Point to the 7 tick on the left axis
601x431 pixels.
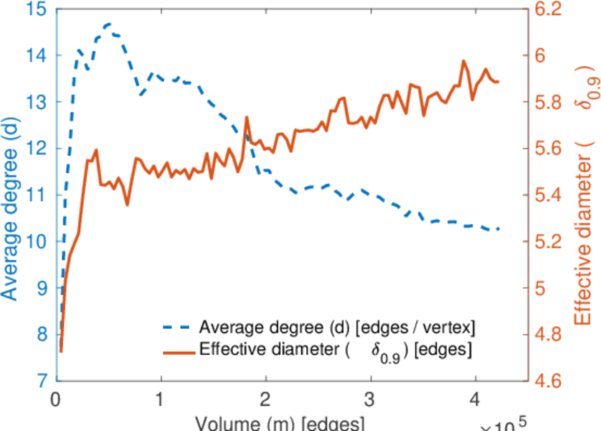tap(43, 380)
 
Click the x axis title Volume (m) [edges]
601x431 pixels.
tap(265, 422)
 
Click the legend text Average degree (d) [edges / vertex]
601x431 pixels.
tap(337, 328)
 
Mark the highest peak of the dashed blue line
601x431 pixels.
tap(108, 24)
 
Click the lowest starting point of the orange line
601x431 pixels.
tap(61, 351)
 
